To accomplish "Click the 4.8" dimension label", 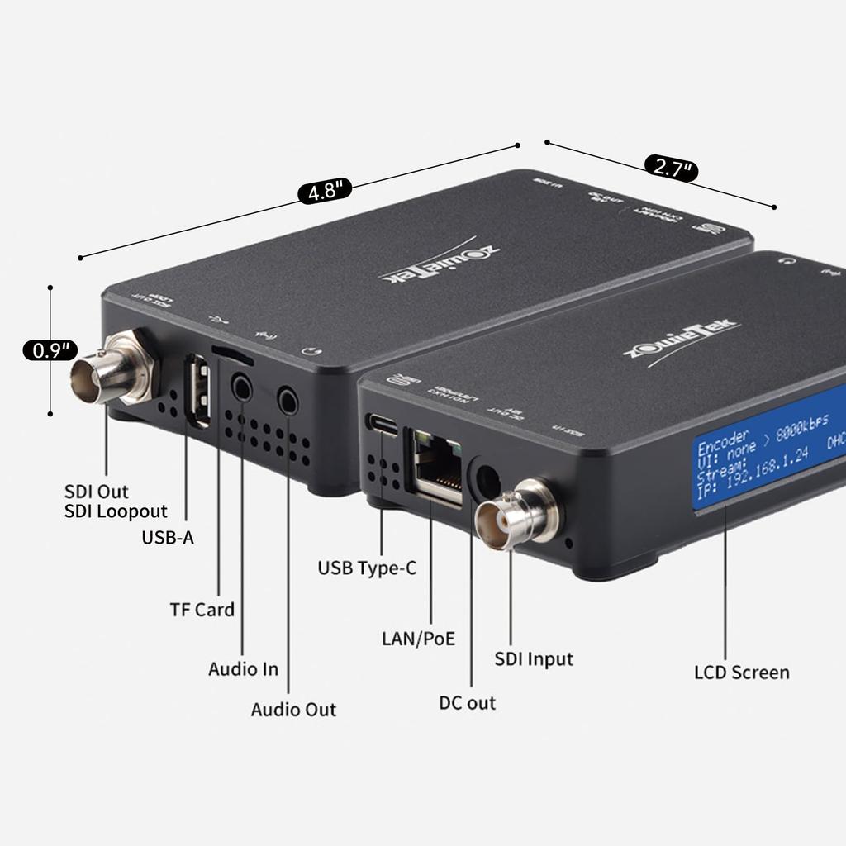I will (x=325, y=192).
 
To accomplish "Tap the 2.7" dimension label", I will (x=672, y=168).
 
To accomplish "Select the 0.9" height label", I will (x=50, y=350).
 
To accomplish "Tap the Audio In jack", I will (x=242, y=387).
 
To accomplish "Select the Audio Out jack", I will (x=288, y=401).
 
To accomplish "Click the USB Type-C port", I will (x=383, y=425).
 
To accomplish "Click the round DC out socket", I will (x=485, y=480).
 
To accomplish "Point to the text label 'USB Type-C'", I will (x=367, y=568).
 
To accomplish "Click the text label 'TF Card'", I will (x=202, y=610).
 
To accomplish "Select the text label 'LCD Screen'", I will (x=741, y=673).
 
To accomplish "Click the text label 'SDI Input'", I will (x=533, y=659).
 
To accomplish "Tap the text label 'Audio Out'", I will (x=293, y=710).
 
